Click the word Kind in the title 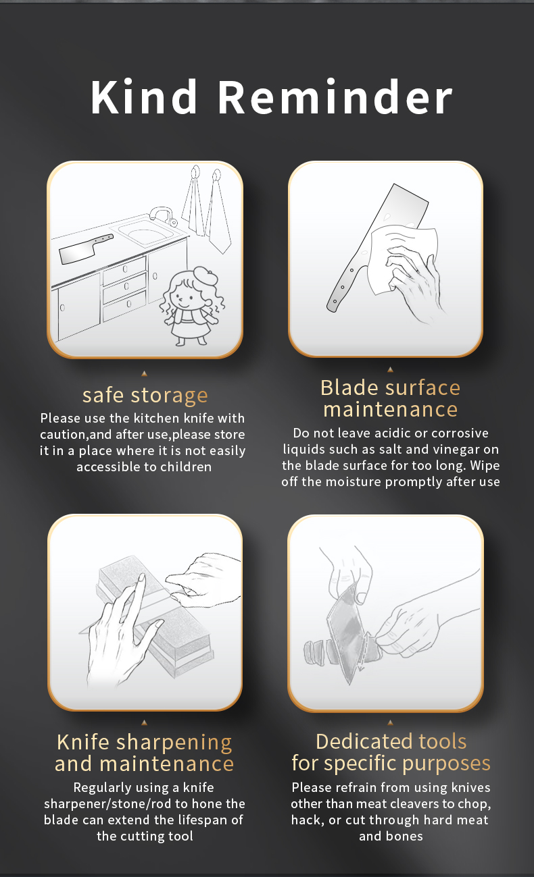point(144,97)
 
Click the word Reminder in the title point(335,97)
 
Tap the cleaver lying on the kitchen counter point(86,248)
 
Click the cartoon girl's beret point(204,276)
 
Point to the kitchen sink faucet point(163,216)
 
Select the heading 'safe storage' point(145,396)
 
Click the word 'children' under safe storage point(186,467)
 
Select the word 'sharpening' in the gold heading point(174,743)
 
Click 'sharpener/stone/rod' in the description point(108,804)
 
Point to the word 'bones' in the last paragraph point(406,836)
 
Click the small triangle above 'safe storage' point(144,373)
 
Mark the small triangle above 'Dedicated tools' point(390,722)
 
